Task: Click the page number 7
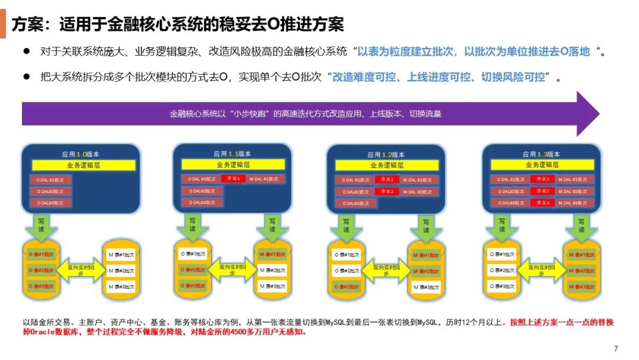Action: tap(616, 348)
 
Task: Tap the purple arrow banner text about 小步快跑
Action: tap(305, 113)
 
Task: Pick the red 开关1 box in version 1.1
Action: tap(234, 179)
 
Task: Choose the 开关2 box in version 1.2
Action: tap(387, 191)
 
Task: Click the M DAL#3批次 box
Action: tap(575, 202)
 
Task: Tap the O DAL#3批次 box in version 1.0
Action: tap(51, 202)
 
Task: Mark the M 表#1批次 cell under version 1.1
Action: tap(273, 255)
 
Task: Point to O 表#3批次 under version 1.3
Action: tap(502, 286)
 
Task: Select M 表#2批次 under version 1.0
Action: tap(121, 271)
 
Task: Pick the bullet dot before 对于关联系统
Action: tap(27, 52)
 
